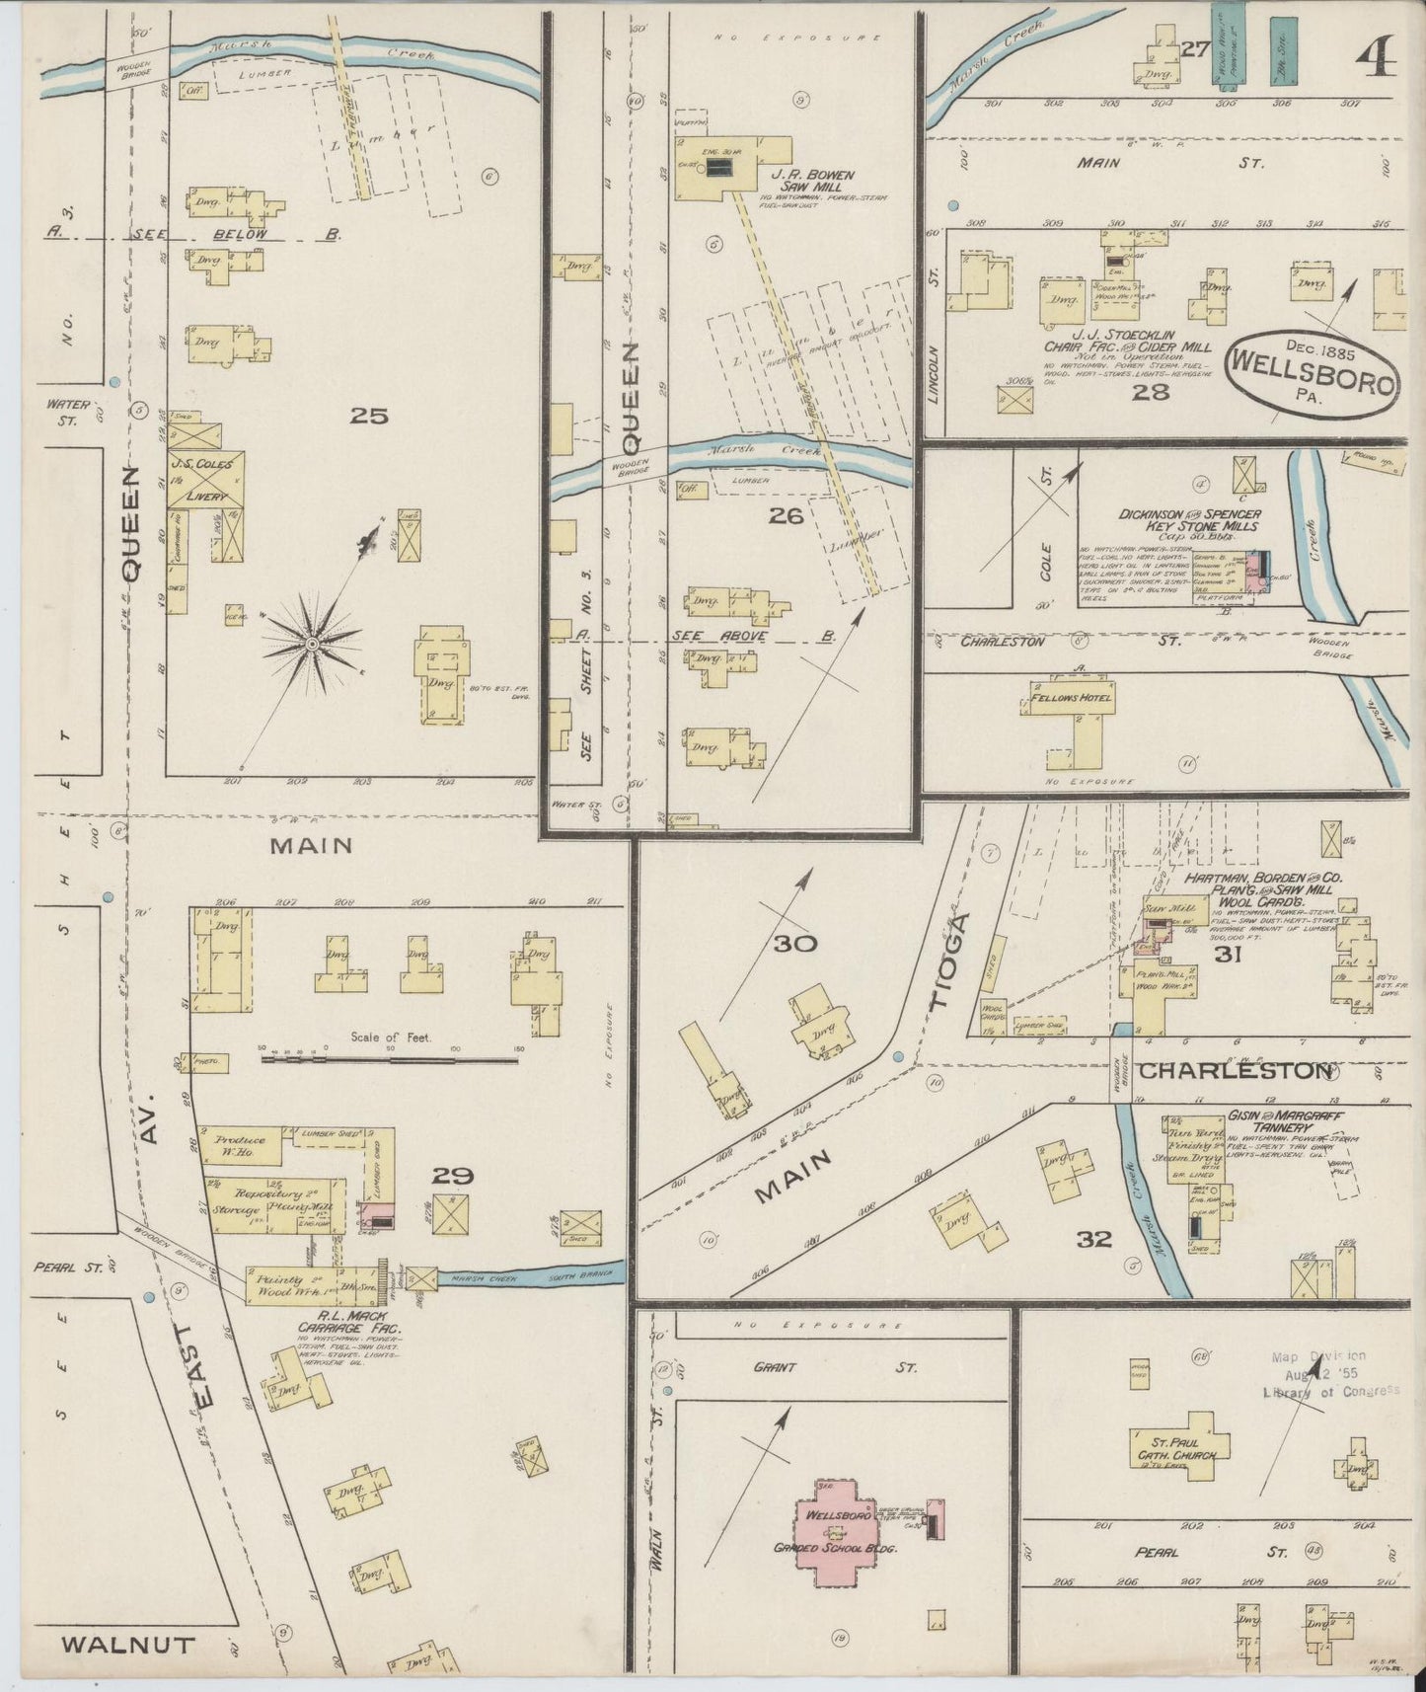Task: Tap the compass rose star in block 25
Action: pos(312,644)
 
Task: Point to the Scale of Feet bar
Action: pos(390,1060)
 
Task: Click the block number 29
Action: pos(452,1176)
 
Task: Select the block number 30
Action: pos(794,944)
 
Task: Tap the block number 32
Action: pos(1093,1238)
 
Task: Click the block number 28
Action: pos(1150,392)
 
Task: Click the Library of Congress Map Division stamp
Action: pos(1329,1374)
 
